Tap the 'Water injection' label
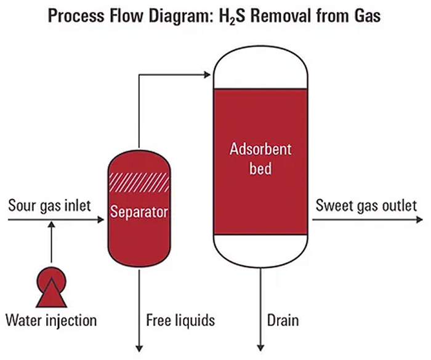51,320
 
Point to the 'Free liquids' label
180,320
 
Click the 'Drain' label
283,320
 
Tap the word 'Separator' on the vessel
139,214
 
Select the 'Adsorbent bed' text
260,158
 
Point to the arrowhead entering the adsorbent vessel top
207,76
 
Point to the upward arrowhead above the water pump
52,227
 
